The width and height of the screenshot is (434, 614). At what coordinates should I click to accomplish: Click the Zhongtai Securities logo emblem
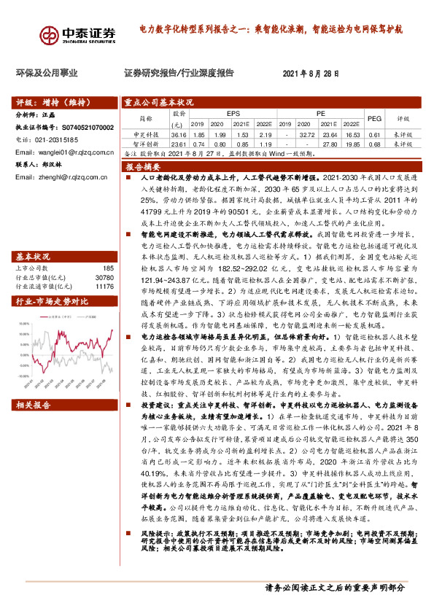(50, 34)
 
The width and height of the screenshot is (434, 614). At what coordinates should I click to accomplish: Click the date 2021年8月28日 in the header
(311, 74)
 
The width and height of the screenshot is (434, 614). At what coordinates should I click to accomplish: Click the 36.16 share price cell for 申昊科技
(178, 135)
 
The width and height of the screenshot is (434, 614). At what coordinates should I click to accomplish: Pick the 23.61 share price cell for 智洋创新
(178, 144)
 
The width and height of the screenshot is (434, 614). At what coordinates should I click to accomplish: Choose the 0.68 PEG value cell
(373, 144)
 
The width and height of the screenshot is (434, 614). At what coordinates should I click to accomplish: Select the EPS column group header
(233, 114)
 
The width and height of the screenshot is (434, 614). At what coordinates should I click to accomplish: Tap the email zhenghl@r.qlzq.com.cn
(57, 177)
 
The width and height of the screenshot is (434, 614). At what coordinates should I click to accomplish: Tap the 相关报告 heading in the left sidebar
(33, 404)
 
